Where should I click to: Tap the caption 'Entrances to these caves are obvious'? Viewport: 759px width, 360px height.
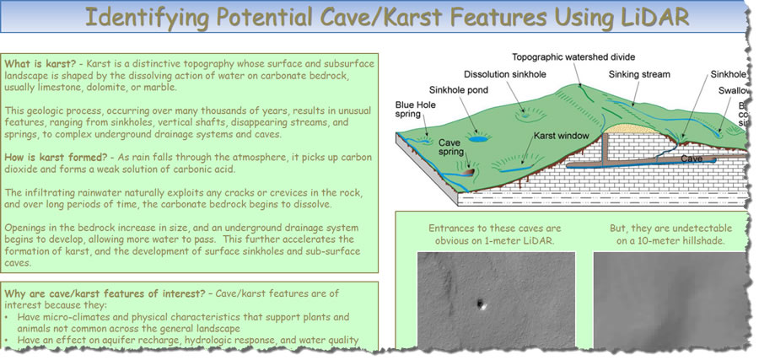pyautogui.click(x=495, y=234)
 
